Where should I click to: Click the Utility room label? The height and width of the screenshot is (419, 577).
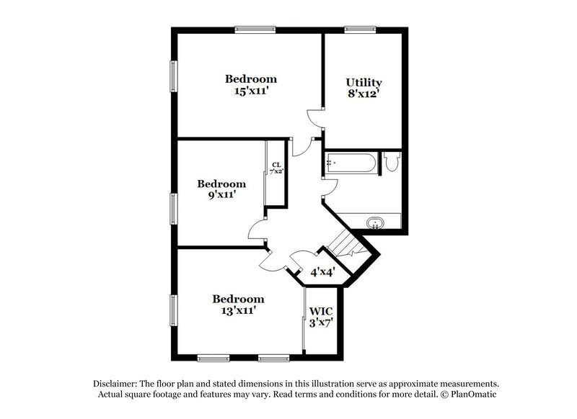point(364,83)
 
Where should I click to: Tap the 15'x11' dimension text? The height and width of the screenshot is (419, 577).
point(250,91)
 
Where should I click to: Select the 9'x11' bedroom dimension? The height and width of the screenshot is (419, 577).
point(221,195)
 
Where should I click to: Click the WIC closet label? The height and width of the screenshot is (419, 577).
point(321,312)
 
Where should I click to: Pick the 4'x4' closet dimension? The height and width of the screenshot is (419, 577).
point(322,273)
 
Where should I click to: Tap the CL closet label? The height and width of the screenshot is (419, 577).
point(276,166)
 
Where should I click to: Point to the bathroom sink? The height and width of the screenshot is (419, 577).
point(376,222)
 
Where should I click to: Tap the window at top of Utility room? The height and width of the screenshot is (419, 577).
point(360,29)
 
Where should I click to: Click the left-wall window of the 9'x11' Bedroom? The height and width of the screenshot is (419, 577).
point(173,209)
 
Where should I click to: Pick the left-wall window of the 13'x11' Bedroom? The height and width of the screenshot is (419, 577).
point(173,310)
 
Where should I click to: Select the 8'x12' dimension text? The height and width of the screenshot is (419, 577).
point(364,94)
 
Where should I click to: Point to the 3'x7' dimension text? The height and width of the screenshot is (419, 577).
point(321,323)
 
